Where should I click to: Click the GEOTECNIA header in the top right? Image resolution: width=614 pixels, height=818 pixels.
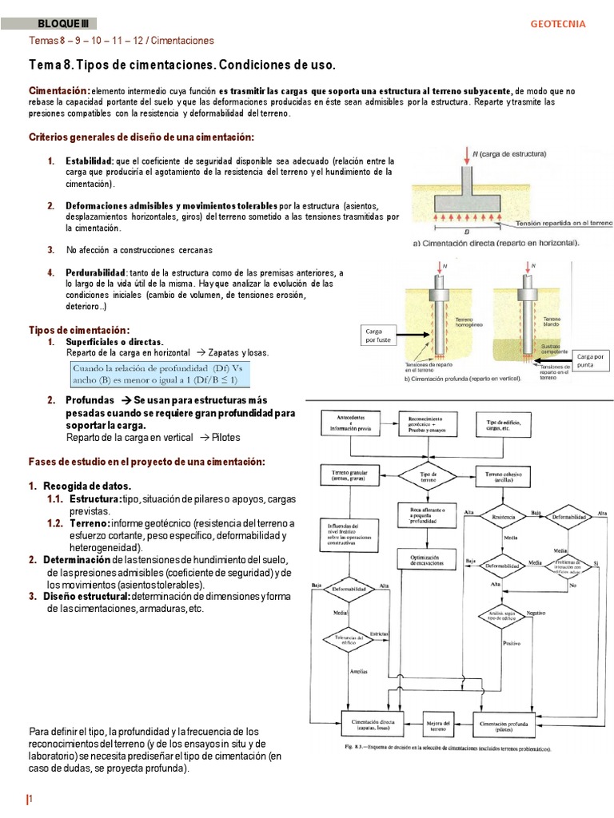pos(558,24)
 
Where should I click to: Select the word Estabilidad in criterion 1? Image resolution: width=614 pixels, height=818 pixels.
pos(90,161)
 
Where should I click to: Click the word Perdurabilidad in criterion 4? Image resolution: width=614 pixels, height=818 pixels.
pos(97,272)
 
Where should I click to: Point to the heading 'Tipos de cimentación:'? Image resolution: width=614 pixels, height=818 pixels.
pos(78,330)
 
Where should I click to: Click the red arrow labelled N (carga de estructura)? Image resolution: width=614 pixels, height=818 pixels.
pos(466,160)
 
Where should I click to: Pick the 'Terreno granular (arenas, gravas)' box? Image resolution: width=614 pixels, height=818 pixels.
pos(349,476)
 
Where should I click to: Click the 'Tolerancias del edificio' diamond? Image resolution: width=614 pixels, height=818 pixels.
pos(349,638)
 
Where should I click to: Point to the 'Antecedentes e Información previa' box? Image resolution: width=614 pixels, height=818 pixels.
pos(349,423)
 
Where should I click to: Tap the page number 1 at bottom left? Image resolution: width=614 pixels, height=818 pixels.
pos(32,800)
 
